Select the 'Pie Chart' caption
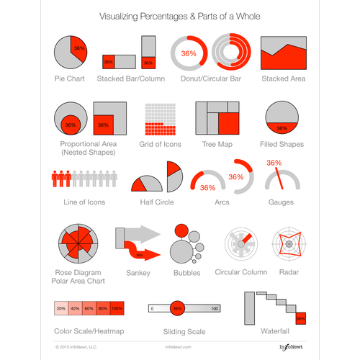click(x=70, y=78)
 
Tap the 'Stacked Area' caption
click(x=283, y=78)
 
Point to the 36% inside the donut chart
click(x=189, y=53)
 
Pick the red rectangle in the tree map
click(x=229, y=122)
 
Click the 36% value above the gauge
click(x=274, y=163)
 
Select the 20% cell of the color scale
click(x=61, y=308)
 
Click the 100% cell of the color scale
click(x=117, y=308)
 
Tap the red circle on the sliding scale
click(x=177, y=308)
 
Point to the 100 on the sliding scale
click(x=214, y=308)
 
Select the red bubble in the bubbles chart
click(x=180, y=232)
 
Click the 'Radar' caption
click(x=289, y=272)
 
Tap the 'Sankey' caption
click(x=138, y=272)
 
